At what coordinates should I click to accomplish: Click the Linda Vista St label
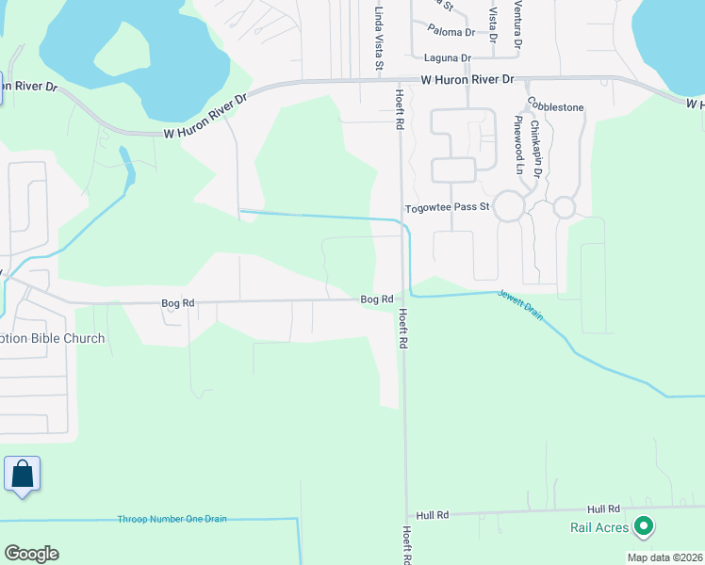click(379, 39)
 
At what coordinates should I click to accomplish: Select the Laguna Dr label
click(447, 57)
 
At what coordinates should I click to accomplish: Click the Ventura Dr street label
click(517, 24)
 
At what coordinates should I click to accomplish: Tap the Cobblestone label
click(556, 106)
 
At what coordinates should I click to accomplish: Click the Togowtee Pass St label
click(447, 207)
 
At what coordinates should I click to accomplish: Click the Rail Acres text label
click(599, 527)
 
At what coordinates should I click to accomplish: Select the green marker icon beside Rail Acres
click(645, 525)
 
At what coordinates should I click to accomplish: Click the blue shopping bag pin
click(22, 474)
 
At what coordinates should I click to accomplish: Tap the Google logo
click(31, 554)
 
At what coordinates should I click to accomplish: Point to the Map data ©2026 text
click(664, 557)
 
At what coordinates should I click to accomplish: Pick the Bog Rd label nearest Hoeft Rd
click(376, 299)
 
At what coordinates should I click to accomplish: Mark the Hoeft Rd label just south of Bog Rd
click(402, 330)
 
